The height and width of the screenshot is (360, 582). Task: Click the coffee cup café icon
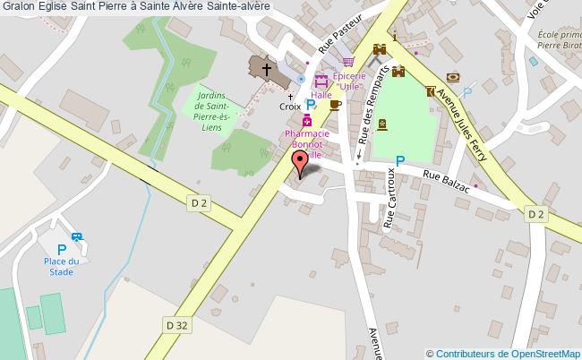pyautogui.click(x=335, y=105)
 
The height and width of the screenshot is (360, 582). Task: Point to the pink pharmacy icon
pyautogui.click(x=307, y=121)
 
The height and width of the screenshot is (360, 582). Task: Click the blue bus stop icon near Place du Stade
pyautogui.click(x=78, y=238)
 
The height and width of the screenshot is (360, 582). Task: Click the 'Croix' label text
pyautogui.click(x=290, y=106)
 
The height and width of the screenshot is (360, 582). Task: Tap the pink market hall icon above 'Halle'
pyautogui.click(x=321, y=81)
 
